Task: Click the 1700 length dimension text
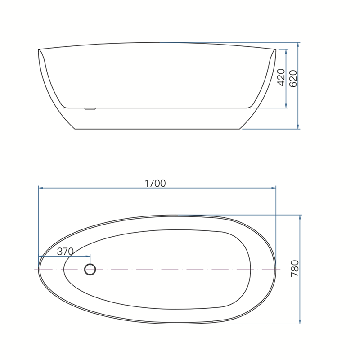155,183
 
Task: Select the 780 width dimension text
295,269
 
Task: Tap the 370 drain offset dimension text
65,251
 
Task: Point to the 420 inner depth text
281,78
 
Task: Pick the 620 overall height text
293,78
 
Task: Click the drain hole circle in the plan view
90,270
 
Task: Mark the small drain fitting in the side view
90,108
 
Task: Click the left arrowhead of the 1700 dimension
40,188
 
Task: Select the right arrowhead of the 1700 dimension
274,188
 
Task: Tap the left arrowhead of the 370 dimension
40,256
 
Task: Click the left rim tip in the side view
39,49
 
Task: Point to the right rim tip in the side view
275,49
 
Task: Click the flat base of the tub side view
157,129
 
